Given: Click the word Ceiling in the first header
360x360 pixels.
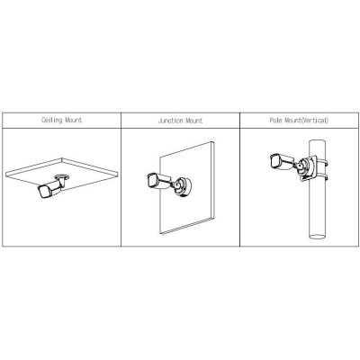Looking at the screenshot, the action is point(51,121).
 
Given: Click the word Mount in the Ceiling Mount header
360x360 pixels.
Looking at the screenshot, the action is point(73,121).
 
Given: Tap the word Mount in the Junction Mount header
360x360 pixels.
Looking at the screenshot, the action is point(194,121).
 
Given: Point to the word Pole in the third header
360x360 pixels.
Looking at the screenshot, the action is point(275,121).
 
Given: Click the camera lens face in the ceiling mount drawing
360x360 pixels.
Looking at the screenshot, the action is point(44,192).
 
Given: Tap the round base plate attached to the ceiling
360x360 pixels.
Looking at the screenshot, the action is point(62,176).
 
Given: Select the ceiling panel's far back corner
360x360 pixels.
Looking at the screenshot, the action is point(62,158).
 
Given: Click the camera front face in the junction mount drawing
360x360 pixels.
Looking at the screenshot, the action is point(151,179).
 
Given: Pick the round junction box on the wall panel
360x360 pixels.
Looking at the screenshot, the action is point(182,188).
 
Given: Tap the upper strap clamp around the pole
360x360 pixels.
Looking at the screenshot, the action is point(322,162).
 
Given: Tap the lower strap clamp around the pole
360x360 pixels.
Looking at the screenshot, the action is point(322,177).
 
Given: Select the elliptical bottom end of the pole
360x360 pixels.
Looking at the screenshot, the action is point(318,237).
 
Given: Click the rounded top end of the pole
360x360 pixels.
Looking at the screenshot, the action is point(318,141).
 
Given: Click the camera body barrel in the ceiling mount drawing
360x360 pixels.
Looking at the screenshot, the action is point(53,187).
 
